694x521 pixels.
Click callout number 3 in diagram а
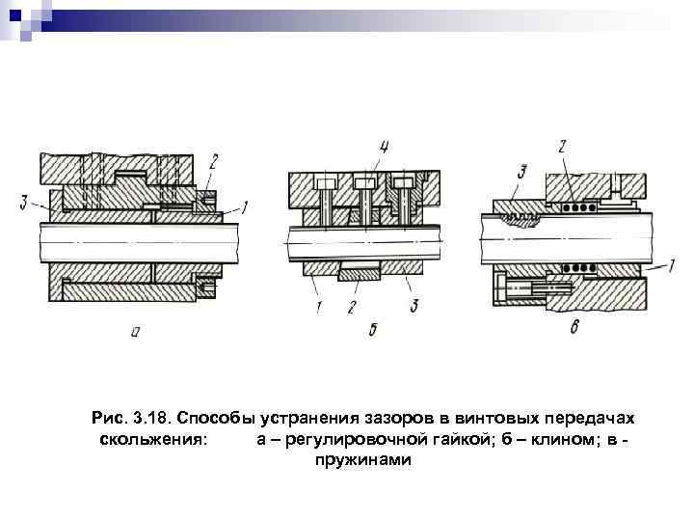coord(22,203)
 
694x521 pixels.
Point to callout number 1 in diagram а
coord(245,206)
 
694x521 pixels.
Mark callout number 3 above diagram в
coord(520,173)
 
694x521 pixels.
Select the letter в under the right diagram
coord(574,328)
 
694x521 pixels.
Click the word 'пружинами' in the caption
coord(362,460)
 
